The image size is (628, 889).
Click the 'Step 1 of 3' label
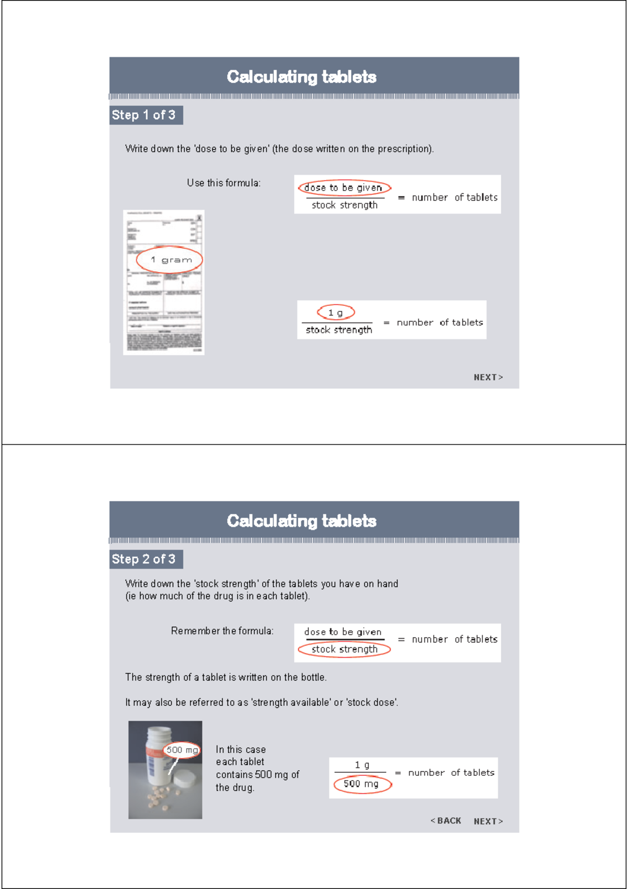coord(144,115)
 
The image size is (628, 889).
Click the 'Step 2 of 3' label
coord(144,559)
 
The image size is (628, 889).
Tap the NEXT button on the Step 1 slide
coord(488,377)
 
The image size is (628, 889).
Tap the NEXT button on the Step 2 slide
coord(488,821)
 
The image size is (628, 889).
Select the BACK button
coord(446,821)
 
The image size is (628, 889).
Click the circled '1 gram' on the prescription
coord(170,260)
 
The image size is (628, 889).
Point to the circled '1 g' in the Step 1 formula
coord(336,313)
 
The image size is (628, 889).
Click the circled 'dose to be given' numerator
coord(344,188)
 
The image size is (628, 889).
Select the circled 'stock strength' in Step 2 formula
coord(344,650)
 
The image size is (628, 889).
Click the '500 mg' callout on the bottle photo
coord(182,750)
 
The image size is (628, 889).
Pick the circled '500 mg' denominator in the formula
coord(362,784)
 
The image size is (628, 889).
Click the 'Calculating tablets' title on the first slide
coord(301,77)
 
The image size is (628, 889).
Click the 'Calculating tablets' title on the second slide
coord(301,521)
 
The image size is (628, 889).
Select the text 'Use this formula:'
coord(223,183)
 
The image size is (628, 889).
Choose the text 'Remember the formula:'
coord(222,631)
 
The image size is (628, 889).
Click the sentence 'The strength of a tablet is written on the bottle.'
coord(226,677)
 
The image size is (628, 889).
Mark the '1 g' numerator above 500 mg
coord(362,765)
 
